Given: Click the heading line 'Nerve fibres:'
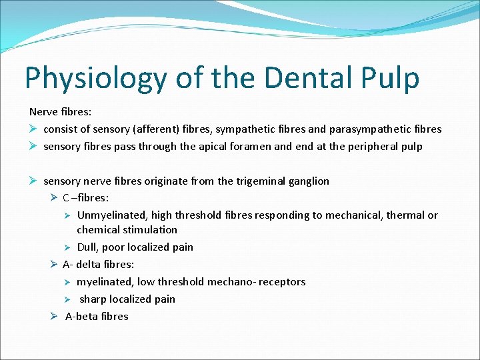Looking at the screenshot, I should (x=59, y=111).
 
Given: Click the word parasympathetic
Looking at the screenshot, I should (x=380, y=129).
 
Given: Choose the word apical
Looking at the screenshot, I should (x=213, y=146).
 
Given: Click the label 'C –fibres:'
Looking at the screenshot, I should (x=85, y=198).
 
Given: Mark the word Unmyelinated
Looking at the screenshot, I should (x=111, y=215).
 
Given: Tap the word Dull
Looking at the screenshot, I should (x=89, y=247).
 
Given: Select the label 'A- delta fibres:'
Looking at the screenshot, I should (x=98, y=264).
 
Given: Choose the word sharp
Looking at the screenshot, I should (x=93, y=299).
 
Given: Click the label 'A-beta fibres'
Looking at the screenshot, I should (x=97, y=316).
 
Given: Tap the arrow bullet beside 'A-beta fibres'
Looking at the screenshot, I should (x=54, y=316).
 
